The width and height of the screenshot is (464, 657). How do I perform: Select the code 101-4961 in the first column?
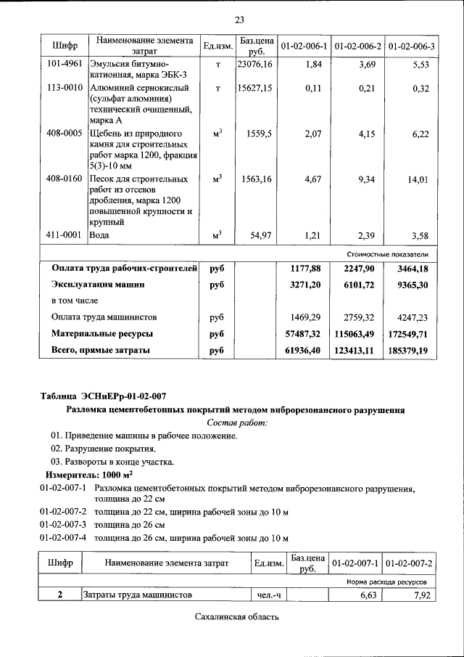(x=64, y=64)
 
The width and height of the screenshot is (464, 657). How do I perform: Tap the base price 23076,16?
(x=254, y=65)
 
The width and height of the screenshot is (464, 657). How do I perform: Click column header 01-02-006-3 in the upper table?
(x=411, y=46)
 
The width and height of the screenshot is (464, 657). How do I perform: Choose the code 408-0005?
(x=64, y=134)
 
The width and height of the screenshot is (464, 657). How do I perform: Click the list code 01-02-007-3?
(x=63, y=524)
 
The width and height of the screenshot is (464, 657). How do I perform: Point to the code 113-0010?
(x=64, y=89)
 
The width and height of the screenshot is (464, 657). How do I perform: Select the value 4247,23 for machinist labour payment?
(x=411, y=317)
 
